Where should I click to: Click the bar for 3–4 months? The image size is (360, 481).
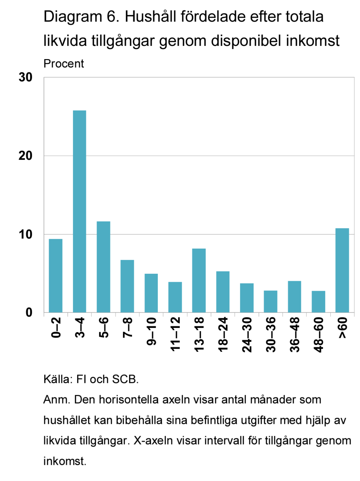(x=79, y=211)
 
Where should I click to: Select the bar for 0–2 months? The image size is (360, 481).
(x=55, y=276)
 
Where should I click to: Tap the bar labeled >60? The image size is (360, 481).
(x=342, y=270)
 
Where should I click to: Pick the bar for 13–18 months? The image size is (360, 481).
(x=199, y=281)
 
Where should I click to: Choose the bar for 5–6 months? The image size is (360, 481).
(x=103, y=267)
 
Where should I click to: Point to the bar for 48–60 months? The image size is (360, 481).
(x=318, y=302)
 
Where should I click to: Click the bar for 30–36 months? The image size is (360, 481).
(x=270, y=302)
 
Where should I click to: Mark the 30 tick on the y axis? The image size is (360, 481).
(x=25, y=77)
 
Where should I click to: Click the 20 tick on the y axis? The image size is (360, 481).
(x=25, y=156)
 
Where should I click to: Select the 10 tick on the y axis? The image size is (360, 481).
(x=25, y=234)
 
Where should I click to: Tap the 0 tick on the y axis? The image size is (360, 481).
(x=29, y=312)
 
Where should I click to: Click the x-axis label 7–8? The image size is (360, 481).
(x=127, y=327)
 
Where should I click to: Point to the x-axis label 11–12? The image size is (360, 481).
(x=175, y=334)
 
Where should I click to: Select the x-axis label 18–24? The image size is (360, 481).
(x=223, y=334)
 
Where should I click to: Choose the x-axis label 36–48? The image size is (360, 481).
(x=295, y=334)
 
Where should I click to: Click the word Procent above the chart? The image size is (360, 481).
(x=64, y=64)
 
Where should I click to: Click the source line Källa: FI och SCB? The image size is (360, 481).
(x=91, y=379)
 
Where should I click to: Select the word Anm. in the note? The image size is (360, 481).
(x=56, y=400)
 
